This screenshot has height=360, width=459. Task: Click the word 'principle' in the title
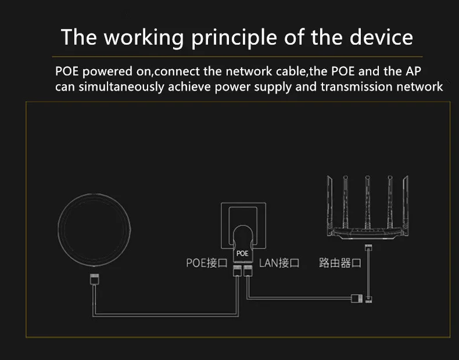tap(234, 38)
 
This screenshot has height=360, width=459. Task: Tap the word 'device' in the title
tap(381, 37)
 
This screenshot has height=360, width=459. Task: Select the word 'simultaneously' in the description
tap(121, 87)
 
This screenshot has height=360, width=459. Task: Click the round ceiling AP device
tap(94, 230)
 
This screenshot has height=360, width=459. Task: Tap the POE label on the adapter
tap(242, 253)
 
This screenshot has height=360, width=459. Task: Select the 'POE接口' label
tap(207, 262)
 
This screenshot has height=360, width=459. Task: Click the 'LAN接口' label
tap(279, 262)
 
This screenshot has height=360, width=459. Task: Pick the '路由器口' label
tap(340, 262)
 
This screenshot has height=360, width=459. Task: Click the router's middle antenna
tap(367, 202)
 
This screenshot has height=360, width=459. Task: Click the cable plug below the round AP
tap(95, 279)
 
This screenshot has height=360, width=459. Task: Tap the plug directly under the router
tap(368, 248)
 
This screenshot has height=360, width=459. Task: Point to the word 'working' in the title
tap(144, 38)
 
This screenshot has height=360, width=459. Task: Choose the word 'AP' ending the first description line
tap(413, 71)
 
